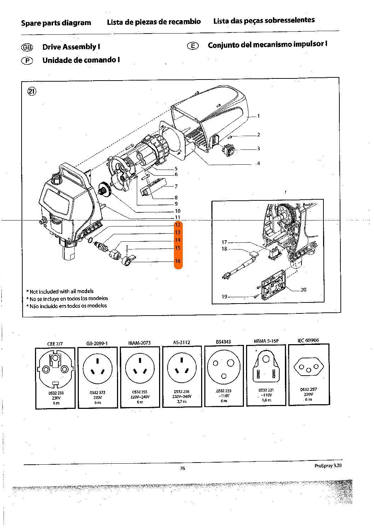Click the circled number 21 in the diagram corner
[x=32, y=92]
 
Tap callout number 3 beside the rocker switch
[x=258, y=148]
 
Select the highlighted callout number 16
[x=177, y=261]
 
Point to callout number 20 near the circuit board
[x=303, y=290]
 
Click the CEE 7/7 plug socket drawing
[x=55, y=369]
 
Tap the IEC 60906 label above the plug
[x=308, y=340]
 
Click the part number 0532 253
[x=223, y=391]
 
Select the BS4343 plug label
[x=223, y=342]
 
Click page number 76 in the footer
[x=182, y=469]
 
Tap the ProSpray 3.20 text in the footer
[x=328, y=466]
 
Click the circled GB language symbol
[x=28, y=47]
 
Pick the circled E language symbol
[x=193, y=46]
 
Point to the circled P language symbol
[x=27, y=60]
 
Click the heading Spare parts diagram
[x=56, y=23]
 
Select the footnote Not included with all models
[x=61, y=292]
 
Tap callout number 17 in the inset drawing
[x=224, y=242]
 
